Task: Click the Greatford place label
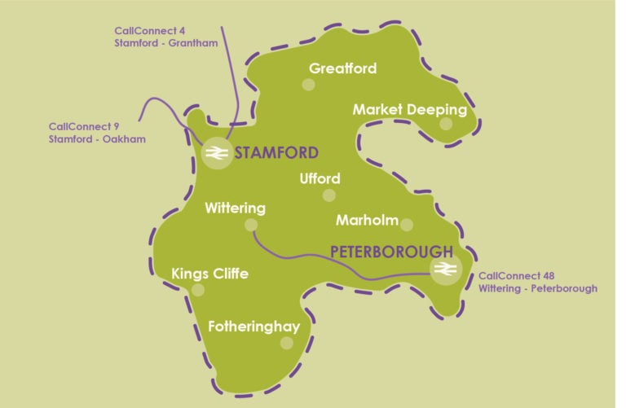(342, 68)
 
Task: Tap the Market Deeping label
(409, 109)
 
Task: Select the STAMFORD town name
(276, 153)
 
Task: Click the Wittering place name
(235, 208)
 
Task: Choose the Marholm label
(367, 220)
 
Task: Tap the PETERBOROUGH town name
(391, 251)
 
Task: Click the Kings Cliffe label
(209, 274)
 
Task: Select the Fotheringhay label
(253, 327)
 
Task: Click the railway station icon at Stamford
(217, 154)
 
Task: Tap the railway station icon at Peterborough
(444, 270)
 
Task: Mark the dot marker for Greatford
(308, 85)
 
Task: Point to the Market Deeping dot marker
(445, 124)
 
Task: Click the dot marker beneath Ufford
(328, 195)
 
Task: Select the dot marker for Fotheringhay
(286, 343)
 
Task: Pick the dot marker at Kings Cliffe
(197, 289)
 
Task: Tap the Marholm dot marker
(407, 225)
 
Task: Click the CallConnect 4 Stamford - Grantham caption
(165, 37)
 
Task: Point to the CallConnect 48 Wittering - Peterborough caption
(537, 282)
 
